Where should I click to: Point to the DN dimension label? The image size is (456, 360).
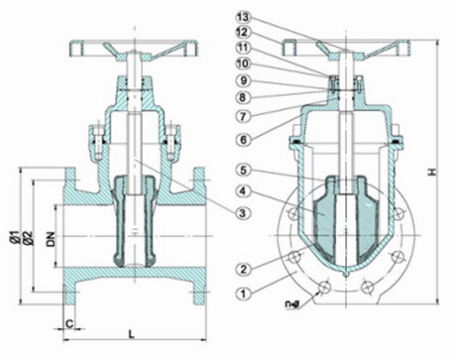pyautogui.click(x=47, y=239)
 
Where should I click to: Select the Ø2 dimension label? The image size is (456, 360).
pyautogui.click(x=25, y=239)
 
